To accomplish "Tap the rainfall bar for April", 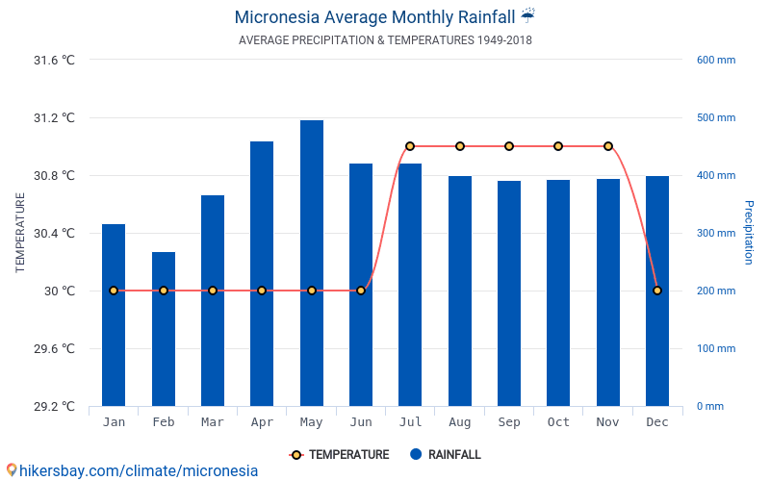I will tap(262, 273).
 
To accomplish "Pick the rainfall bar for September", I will tap(509, 293).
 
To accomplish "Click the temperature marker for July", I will tap(410, 146).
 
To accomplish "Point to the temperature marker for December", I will tap(657, 291).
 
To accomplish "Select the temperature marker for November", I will tap(608, 146).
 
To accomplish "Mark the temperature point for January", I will tap(114, 291).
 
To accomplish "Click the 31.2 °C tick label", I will tap(54, 118).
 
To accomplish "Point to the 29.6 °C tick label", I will tap(54, 349).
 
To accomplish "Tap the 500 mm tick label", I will tap(715, 118).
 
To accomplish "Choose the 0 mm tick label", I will tap(709, 407).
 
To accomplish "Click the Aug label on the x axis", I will tap(459, 422).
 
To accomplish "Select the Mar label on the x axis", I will tap(213, 422).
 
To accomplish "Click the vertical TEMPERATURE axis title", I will tap(20, 233).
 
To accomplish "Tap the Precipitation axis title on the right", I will tap(748, 233).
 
